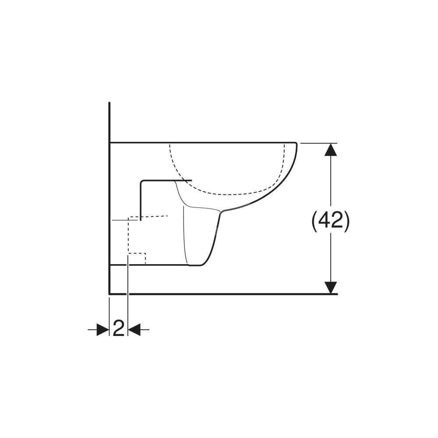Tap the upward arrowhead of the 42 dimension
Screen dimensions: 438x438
click(331, 149)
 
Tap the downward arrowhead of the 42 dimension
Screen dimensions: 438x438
click(331, 288)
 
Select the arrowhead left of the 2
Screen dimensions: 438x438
click(103, 330)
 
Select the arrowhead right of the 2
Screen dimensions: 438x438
click(134, 330)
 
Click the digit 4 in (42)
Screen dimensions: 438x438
click(324, 221)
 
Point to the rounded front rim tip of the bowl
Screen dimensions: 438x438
click(296, 143)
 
